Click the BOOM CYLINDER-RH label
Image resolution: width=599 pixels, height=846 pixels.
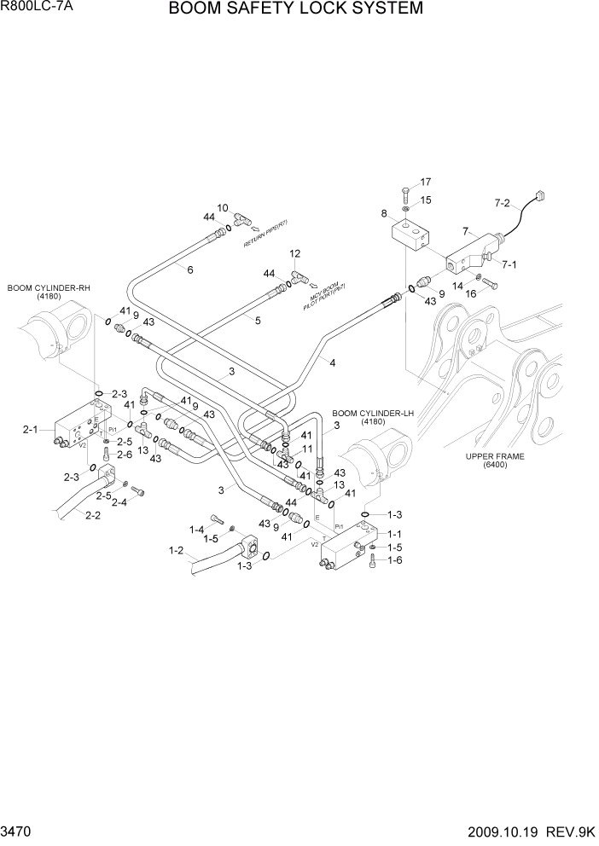49,289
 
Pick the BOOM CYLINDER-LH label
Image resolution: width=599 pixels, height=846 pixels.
373,413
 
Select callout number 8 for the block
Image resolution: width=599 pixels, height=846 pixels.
384,213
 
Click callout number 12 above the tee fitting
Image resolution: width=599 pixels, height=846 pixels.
295,253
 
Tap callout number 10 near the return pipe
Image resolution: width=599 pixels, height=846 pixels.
223,207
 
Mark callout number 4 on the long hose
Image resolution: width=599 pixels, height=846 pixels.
332,362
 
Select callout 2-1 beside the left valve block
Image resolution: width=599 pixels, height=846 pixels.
31,430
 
